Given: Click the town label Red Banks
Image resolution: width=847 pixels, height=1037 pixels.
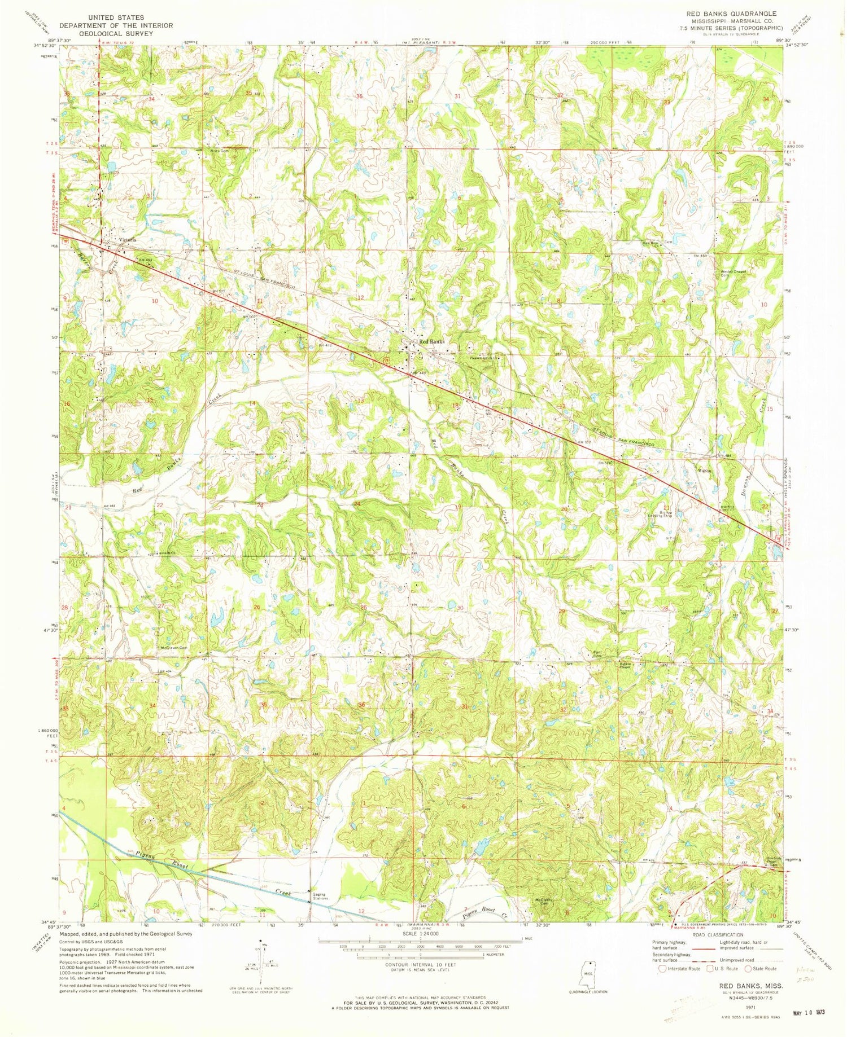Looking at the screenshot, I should [x=431, y=342].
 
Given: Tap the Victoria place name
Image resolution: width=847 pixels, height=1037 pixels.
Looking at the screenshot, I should [x=128, y=240].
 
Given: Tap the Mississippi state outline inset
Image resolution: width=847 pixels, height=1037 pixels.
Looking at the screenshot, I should [x=590, y=974].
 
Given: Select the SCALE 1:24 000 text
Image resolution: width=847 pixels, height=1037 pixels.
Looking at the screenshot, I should [x=403, y=934].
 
